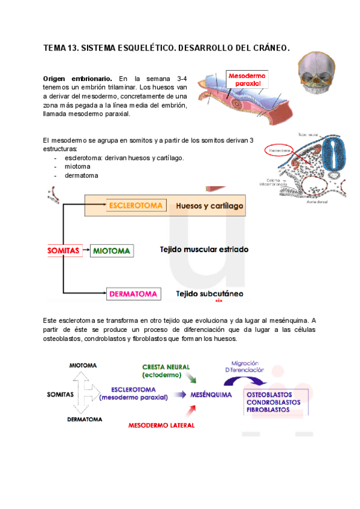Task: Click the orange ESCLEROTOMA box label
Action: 136,206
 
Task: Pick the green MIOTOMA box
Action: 112,250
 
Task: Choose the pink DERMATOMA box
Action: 133,294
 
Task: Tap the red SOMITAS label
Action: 63,250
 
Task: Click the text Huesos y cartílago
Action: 209,206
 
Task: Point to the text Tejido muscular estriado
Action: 204,249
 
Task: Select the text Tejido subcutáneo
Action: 209,294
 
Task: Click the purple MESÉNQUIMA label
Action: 212,395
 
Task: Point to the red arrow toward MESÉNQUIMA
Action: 192,411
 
